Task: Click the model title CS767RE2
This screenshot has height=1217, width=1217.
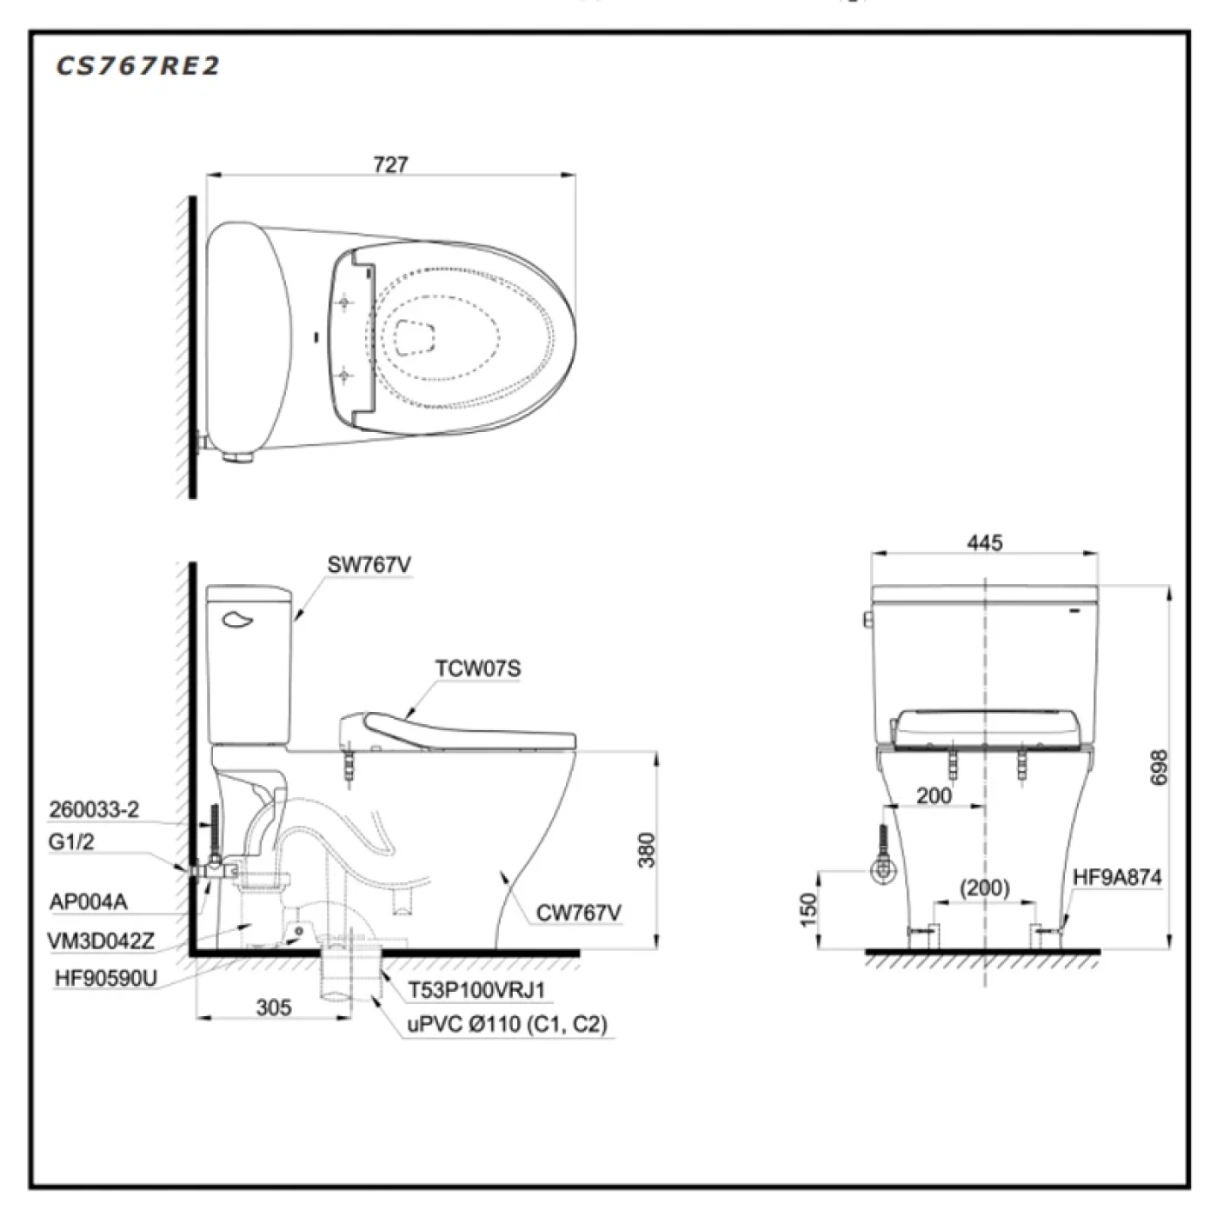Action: [x=137, y=66]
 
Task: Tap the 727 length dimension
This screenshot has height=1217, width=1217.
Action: [x=390, y=165]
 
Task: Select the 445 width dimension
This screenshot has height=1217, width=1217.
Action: [x=985, y=542]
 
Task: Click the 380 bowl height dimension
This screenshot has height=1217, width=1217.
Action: [x=647, y=850]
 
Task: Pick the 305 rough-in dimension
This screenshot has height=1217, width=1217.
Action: [x=274, y=1008]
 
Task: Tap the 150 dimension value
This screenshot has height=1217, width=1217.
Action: [x=808, y=910]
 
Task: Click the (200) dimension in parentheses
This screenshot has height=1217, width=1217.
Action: [x=985, y=888]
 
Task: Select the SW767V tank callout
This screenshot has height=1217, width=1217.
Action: [x=369, y=565]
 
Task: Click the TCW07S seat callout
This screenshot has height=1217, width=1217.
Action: [x=478, y=668]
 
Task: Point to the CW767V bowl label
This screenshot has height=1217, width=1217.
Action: [x=578, y=913]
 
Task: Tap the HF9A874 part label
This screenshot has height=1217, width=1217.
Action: [x=1117, y=877]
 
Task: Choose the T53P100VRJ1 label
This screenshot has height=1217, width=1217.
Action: [x=475, y=989]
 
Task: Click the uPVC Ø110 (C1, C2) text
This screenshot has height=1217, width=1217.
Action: [x=507, y=1024]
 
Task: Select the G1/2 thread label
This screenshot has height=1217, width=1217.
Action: [x=71, y=841]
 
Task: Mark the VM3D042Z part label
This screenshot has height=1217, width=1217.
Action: [x=101, y=941]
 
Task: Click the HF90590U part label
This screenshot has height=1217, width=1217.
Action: [x=105, y=978]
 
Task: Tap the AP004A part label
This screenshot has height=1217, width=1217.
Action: [x=89, y=901]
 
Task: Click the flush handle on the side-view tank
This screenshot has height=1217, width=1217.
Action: [x=237, y=620]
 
